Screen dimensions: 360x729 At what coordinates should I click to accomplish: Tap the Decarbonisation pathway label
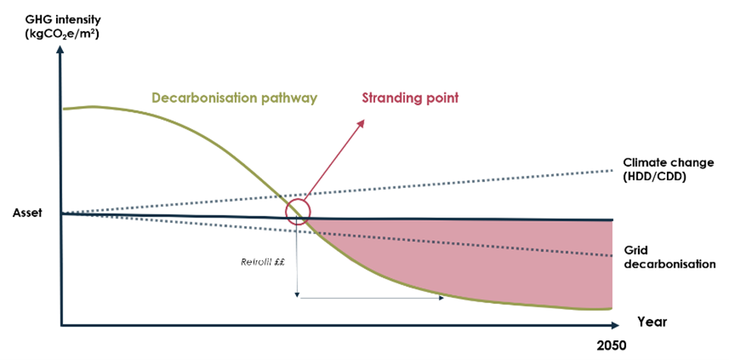[x=233, y=98]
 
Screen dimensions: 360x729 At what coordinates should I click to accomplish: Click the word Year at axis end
[x=652, y=321]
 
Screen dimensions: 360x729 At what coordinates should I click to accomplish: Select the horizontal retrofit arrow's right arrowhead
[x=442, y=298]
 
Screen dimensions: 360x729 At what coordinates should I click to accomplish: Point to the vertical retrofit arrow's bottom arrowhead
[x=298, y=294]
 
